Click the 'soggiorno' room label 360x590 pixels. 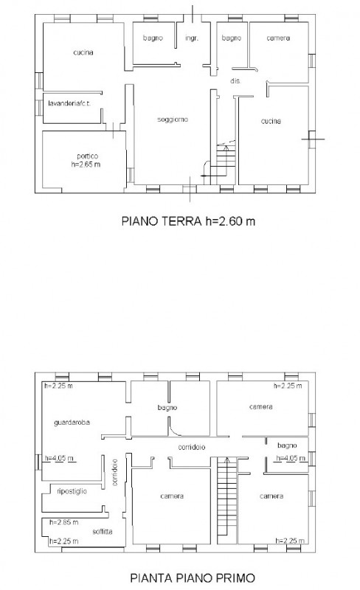[x=171, y=119]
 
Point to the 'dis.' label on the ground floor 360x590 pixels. [x=236, y=81]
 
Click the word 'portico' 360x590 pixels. [x=87, y=156]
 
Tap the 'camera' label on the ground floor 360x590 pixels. [x=278, y=38]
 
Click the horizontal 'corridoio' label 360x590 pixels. [x=190, y=448]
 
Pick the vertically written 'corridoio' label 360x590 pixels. [x=116, y=472]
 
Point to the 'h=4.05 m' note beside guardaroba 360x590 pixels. [x=59, y=459]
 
